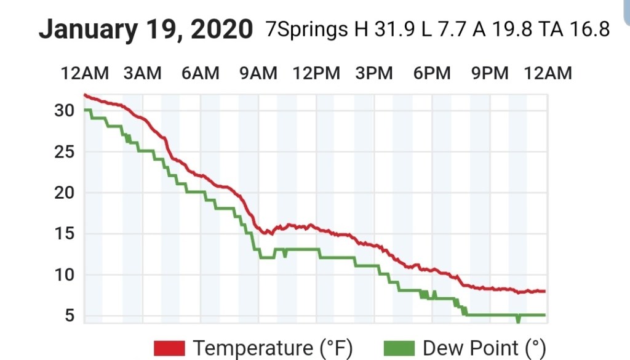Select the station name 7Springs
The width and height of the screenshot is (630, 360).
pos(307,29)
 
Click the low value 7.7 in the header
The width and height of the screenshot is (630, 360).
pos(450,29)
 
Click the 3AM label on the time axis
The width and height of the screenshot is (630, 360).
pos(142,74)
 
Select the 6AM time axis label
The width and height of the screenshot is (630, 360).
pos(200,74)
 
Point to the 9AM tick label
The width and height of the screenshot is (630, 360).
pos(258,74)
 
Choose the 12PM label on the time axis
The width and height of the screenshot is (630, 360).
pos(316,74)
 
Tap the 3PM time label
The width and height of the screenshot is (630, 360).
pos(373,74)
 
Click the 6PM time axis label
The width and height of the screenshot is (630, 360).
pos(431,74)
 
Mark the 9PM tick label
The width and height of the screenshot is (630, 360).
pos(490,74)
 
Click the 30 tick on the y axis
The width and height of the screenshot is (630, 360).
pos(65,111)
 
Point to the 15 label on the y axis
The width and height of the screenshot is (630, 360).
pos(65,234)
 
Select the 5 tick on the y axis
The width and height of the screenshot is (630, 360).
pos(69,316)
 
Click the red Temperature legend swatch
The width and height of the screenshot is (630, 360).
pos(169,349)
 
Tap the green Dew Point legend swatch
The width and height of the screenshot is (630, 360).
pos(399,349)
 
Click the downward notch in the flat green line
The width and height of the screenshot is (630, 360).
pos(518,319)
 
